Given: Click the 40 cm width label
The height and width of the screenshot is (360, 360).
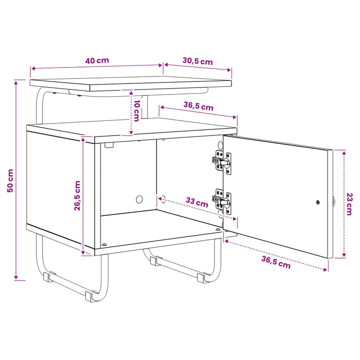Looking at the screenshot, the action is click(97, 60).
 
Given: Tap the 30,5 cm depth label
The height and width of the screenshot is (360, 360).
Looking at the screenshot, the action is click(197, 61).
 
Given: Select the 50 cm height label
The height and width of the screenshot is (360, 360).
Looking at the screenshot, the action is click(10, 180).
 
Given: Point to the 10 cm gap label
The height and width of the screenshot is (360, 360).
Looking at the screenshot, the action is click(136, 110).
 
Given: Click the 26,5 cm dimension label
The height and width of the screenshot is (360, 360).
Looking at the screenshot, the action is click(77, 195).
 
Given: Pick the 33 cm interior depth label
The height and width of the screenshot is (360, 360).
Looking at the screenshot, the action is click(197, 202).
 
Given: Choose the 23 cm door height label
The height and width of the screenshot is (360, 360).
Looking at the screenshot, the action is click(349, 204).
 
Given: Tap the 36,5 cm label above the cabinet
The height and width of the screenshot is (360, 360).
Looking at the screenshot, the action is click(198, 106).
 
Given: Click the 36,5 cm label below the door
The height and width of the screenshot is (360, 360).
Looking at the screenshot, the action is click(276, 262).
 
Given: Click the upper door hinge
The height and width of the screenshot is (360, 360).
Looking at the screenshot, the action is click(222, 162).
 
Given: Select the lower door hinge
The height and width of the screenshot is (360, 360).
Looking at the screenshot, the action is click(222, 201).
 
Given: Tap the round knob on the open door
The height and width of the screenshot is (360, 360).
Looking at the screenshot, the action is click(334, 201).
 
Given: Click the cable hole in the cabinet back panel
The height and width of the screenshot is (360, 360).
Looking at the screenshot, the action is click(139, 199).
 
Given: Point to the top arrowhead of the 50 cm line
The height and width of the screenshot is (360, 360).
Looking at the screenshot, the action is click(16, 82).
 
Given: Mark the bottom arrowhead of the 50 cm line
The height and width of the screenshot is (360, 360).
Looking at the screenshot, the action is click(16, 277).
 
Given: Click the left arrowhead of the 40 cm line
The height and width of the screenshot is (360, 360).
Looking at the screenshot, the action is click(33, 68).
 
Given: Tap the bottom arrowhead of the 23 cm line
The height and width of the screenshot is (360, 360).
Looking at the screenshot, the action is click(344, 255).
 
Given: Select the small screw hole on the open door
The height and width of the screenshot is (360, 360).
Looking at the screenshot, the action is click(318, 202).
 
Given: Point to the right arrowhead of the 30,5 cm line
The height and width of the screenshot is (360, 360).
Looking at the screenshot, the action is click(229, 70).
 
